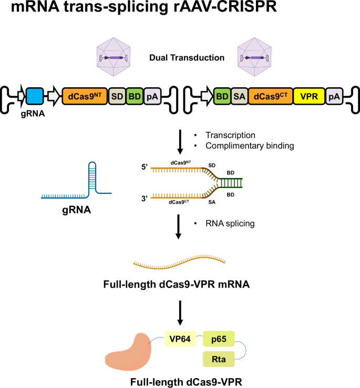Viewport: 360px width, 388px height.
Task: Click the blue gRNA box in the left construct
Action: (x=34, y=96)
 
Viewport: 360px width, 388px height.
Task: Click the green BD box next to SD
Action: (x=135, y=96)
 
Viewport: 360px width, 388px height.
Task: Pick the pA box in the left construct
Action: (x=152, y=96)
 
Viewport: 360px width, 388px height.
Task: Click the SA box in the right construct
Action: (x=239, y=96)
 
